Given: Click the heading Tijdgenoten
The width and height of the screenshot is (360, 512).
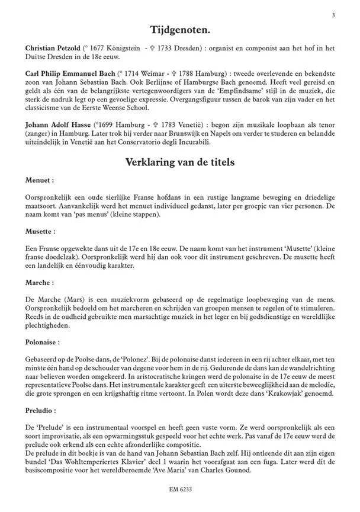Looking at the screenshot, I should (179, 29).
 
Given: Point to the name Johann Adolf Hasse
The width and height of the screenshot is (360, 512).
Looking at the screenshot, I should (59, 124).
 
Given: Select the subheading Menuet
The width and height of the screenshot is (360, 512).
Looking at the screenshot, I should (40, 180).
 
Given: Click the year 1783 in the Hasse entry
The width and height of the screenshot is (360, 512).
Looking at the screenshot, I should (176, 124).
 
